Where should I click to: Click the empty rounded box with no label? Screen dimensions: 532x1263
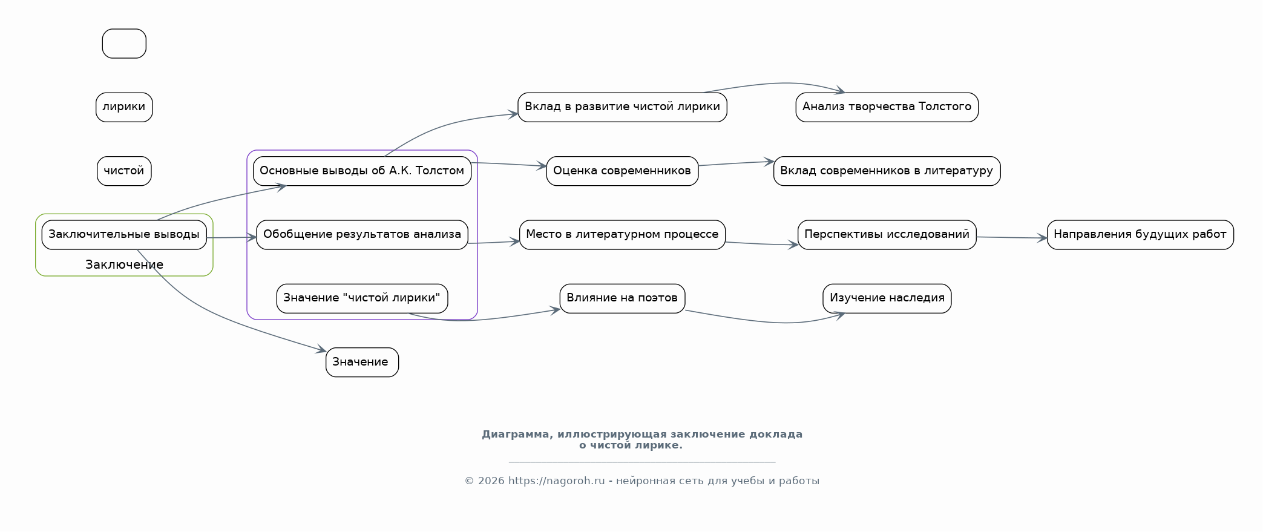click(x=124, y=44)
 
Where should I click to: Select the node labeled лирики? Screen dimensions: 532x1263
click(x=124, y=107)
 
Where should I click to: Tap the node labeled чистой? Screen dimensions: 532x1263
click(x=124, y=171)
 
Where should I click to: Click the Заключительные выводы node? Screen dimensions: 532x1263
click(x=124, y=235)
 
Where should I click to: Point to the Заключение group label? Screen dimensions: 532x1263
click(x=124, y=264)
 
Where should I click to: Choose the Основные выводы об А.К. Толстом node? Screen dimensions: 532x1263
click(x=362, y=171)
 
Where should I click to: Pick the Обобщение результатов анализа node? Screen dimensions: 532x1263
click(x=362, y=235)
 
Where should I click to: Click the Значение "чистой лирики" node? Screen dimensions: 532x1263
click(x=362, y=298)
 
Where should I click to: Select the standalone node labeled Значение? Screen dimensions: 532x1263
click(x=362, y=362)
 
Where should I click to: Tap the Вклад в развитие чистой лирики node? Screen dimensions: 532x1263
click(x=622, y=107)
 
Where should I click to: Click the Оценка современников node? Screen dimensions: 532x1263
click(x=622, y=171)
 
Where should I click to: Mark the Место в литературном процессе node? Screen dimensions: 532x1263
click(x=622, y=235)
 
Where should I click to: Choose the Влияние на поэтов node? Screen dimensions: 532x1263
click(x=622, y=298)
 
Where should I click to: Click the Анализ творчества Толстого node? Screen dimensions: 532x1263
click(x=887, y=107)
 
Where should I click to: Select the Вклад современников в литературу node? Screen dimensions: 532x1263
click(x=887, y=171)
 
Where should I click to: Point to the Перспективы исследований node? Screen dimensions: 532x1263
click(x=887, y=235)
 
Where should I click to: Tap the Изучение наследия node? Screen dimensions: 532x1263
click(x=887, y=298)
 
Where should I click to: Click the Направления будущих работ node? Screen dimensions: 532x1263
click(x=1140, y=235)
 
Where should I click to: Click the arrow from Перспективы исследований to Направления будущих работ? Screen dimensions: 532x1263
click(x=1011, y=237)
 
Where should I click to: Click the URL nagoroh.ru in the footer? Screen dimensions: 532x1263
click(x=556, y=481)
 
